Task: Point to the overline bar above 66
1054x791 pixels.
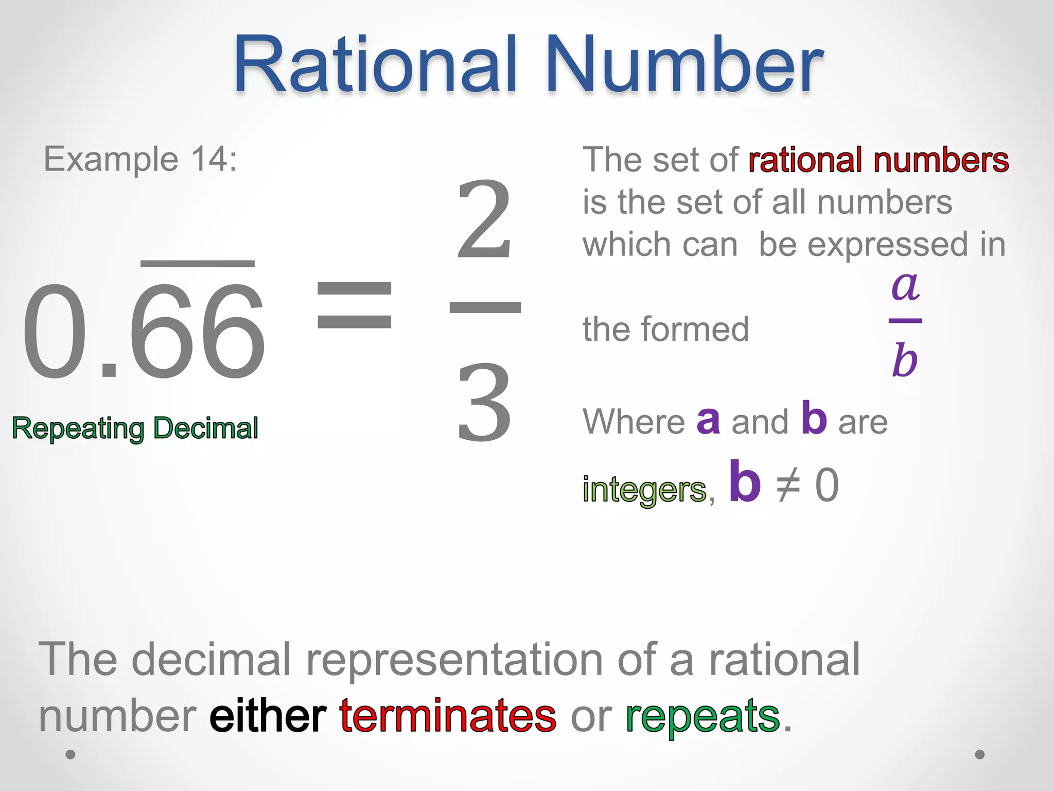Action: point(198,264)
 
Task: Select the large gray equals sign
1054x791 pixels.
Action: point(354,305)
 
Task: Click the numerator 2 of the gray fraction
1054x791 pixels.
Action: point(484,220)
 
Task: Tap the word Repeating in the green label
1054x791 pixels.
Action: point(78,429)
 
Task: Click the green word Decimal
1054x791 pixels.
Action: point(206,428)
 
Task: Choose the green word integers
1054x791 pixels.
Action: point(644,489)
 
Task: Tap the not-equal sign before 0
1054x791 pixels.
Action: point(788,486)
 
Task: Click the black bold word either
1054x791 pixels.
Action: point(268,716)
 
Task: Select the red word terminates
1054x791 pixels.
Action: point(448,716)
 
